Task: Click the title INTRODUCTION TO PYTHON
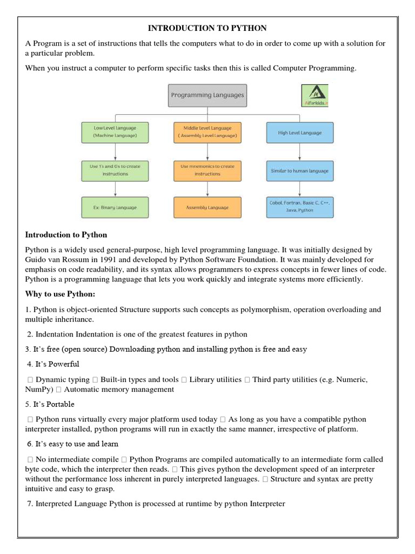tap(207, 28)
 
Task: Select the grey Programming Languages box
tap(207, 95)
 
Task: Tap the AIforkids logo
tap(315, 95)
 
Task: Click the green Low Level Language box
tap(115, 132)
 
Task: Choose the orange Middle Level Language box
tap(207, 132)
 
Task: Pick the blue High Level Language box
tap(299, 133)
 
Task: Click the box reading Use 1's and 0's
tap(115, 170)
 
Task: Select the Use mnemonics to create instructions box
tap(207, 170)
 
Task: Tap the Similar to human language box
tap(299, 171)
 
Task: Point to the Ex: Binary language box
tap(115, 207)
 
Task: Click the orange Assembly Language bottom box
tap(207, 207)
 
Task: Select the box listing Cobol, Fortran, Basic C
tap(299, 207)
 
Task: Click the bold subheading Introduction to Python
tap(66, 235)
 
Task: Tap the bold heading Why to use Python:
tap(60, 294)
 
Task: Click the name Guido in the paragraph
tap(36, 260)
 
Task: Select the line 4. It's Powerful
tap(52, 364)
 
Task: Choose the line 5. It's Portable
tap(50, 404)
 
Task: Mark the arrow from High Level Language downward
tap(299, 152)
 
